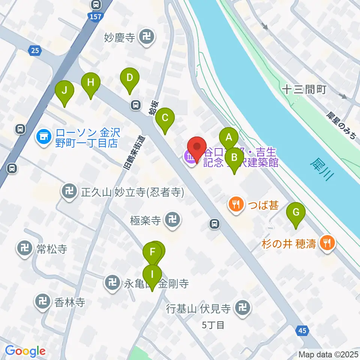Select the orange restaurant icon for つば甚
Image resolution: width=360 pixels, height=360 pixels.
click(235, 205)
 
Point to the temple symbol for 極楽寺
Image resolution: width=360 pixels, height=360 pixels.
click(173, 220)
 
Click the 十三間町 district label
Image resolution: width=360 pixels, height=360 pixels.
click(304, 89)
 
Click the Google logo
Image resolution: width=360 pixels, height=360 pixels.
click(25, 351)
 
